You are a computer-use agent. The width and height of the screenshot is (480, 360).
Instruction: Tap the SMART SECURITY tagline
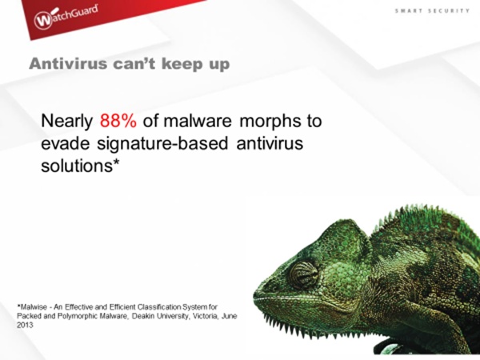(x=432, y=11)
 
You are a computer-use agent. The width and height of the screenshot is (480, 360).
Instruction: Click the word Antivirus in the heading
(x=68, y=64)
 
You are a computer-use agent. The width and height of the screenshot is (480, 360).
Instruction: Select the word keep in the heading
(x=182, y=64)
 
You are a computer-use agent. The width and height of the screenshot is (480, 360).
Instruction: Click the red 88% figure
(x=118, y=121)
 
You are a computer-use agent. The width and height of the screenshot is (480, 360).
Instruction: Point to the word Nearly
(x=66, y=122)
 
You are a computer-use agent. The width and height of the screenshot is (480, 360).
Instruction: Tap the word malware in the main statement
(x=198, y=121)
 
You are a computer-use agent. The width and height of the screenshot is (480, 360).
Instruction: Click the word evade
(x=66, y=143)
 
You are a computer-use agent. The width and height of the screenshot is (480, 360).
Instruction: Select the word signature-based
(x=162, y=144)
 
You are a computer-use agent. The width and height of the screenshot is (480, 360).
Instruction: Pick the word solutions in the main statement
(x=77, y=166)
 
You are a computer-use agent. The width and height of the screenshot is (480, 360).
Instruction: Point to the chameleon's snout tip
(x=255, y=294)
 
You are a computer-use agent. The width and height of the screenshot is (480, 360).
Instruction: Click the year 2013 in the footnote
(x=25, y=325)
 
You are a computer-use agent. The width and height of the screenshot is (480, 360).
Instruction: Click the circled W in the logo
(x=43, y=21)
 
